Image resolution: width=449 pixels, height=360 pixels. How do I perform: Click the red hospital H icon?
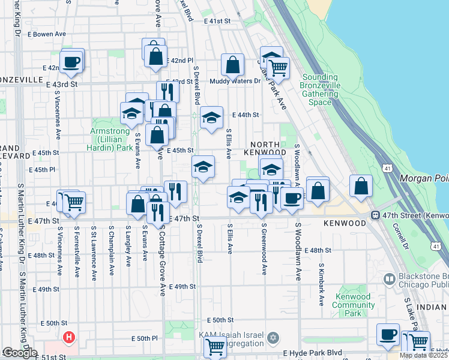point(69,338)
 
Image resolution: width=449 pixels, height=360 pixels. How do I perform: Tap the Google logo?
point(19,353)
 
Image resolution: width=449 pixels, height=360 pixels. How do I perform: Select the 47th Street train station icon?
point(375,215)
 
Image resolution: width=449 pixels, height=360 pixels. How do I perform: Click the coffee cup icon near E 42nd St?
point(71,62)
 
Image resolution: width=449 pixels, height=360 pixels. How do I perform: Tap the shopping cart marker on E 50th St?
point(215,346)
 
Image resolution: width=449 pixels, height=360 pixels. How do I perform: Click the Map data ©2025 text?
point(423,355)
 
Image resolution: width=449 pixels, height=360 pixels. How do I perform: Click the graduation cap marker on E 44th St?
point(211,119)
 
